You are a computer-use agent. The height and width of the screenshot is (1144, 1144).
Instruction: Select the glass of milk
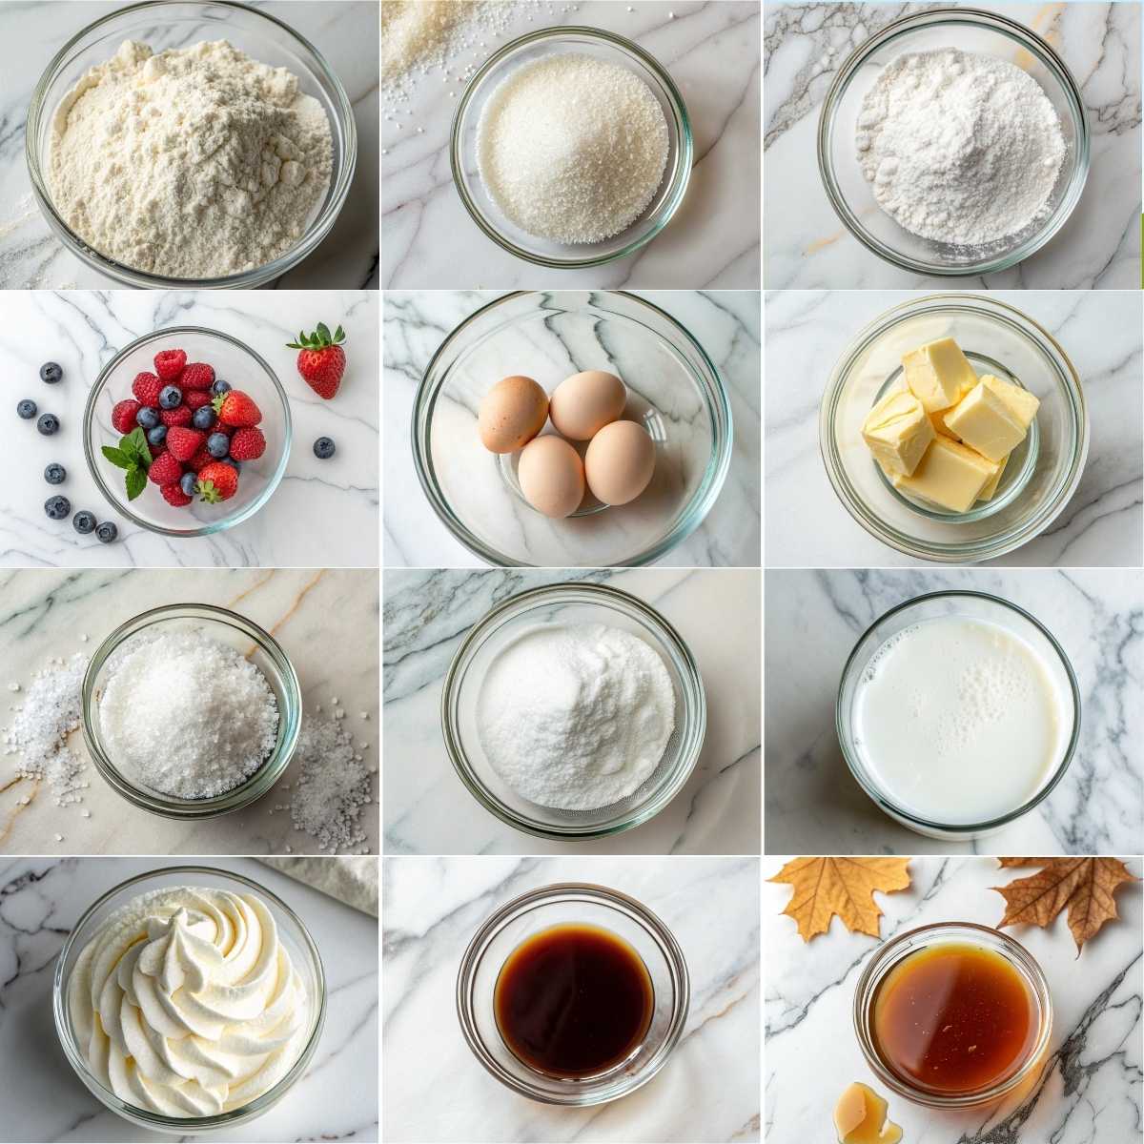pyautogui.click(x=957, y=715)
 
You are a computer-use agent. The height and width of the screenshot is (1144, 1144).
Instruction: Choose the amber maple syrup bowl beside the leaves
pyautogui.click(x=953, y=1015)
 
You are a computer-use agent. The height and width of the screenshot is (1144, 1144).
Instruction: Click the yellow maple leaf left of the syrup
pyautogui.click(x=839, y=891)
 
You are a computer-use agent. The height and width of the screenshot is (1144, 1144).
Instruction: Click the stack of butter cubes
pyautogui.click(x=949, y=424)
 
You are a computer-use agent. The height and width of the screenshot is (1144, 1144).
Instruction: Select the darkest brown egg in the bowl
pyautogui.click(x=512, y=413)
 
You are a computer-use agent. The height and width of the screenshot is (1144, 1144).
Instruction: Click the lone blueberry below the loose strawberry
pyautogui.click(x=324, y=446)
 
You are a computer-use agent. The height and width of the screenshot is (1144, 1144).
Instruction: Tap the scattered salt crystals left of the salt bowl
pyautogui.click(x=43, y=725)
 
